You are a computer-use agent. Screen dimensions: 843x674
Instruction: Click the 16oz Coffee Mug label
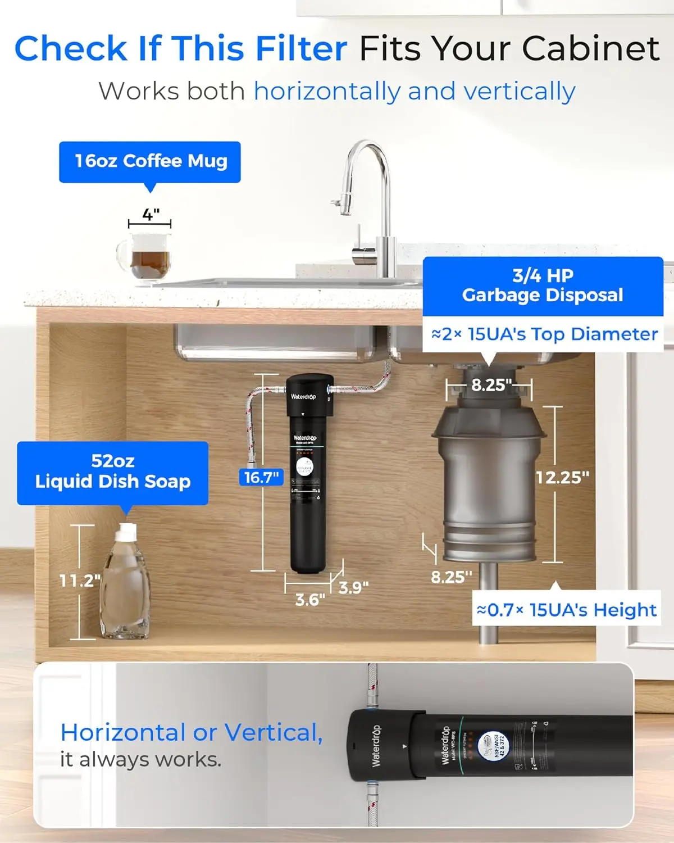(x=150, y=161)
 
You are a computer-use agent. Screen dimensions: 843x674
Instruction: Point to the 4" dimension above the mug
(x=150, y=215)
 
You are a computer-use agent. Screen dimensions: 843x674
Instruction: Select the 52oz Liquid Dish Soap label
(x=112, y=472)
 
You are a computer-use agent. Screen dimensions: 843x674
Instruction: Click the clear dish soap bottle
(x=126, y=584)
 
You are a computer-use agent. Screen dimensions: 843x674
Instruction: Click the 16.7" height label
(x=261, y=478)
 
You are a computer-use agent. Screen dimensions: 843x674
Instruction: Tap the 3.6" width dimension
(x=310, y=600)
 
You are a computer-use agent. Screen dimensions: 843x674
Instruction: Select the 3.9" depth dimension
(x=354, y=587)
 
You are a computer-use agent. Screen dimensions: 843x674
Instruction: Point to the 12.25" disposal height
(x=562, y=478)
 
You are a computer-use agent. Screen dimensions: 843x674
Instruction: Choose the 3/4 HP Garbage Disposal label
(x=543, y=285)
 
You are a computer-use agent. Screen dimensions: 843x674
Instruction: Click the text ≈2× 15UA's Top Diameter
(x=544, y=334)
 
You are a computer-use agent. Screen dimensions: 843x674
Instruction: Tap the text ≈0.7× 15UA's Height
(x=566, y=610)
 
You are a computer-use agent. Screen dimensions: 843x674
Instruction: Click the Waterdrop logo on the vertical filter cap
(x=303, y=397)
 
